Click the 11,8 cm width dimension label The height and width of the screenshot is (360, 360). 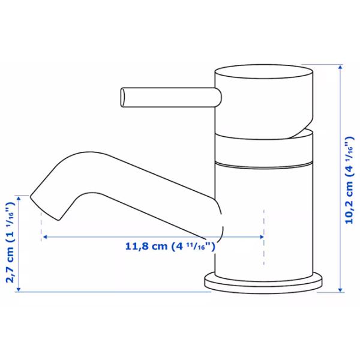pos(170,247)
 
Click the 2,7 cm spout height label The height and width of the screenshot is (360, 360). pos(10,242)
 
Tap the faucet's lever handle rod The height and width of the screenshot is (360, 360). pos(171,97)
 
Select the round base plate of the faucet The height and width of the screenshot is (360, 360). pos(263,283)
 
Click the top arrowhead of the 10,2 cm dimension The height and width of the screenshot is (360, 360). pos(340,67)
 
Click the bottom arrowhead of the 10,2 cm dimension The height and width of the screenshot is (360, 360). pos(340,290)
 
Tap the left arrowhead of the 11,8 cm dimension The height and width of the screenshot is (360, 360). pos(45,237)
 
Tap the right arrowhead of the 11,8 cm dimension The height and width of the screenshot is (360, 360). pos(261,237)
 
